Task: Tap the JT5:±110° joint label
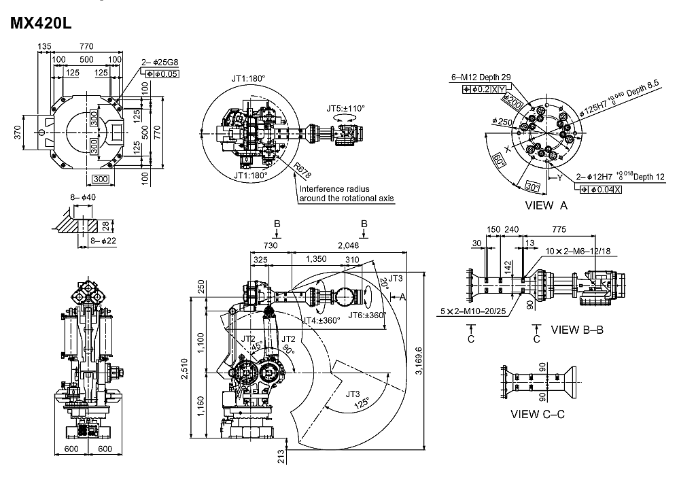345,107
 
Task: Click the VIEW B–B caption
577,330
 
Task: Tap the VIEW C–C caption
538,413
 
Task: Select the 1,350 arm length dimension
317,258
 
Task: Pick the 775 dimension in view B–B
559,230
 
